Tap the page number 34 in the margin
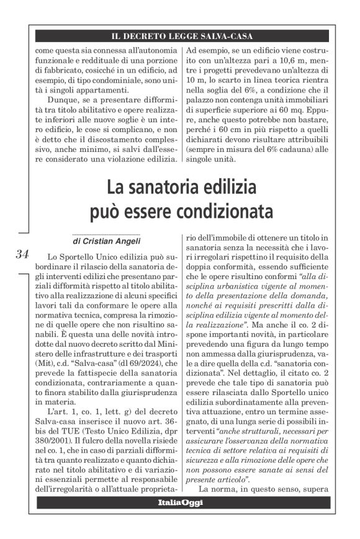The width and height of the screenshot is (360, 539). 22,254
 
